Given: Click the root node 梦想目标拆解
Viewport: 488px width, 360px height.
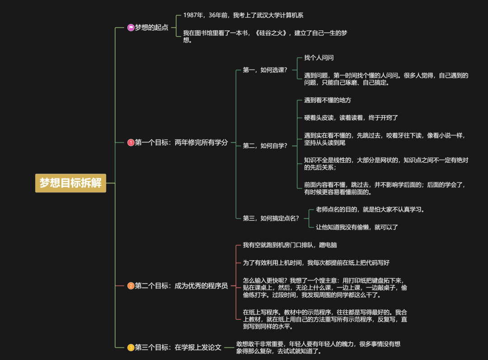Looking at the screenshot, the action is (70, 183).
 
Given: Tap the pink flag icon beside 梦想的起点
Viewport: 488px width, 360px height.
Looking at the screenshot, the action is (131, 28).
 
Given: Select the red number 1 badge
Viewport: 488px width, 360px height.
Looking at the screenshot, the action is (131, 143).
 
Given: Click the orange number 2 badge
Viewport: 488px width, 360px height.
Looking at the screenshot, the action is (131, 285).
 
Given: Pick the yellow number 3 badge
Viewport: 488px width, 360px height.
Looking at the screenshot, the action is (131, 347).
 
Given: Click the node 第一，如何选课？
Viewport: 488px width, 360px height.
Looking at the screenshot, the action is (265, 70).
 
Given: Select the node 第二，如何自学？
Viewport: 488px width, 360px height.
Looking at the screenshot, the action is (265, 145).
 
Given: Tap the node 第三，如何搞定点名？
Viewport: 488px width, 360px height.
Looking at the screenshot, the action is (271, 218).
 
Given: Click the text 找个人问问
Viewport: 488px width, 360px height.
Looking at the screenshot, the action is (319, 58).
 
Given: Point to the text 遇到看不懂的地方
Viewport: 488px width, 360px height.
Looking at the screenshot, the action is (327, 100).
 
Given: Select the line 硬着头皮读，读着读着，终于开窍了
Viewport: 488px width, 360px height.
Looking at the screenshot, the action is (351, 117).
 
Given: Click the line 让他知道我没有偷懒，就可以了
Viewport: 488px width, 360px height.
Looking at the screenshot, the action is (357, 227).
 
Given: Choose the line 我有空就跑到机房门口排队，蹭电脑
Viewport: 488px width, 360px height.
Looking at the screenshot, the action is (290, 245).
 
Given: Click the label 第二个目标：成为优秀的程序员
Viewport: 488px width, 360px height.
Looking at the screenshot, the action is (181, 285).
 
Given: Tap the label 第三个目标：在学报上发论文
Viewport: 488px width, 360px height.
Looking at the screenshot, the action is (178, 347).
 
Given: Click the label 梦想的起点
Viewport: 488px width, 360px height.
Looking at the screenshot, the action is (151, 28).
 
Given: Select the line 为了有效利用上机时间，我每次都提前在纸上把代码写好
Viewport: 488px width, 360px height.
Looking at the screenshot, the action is (316, 262).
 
